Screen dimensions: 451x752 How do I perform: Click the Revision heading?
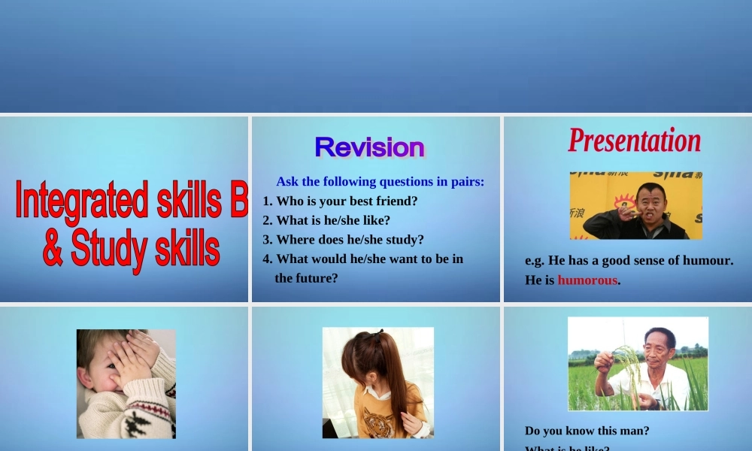click(x=369, y=147)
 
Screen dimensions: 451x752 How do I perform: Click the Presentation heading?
click(x=634, y=141)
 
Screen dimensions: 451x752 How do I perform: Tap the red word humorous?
click(x=587, y=280)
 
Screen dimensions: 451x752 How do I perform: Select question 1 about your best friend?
click(x=340, y=201)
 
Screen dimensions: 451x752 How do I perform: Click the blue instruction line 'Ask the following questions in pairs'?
click(x=380, y=181)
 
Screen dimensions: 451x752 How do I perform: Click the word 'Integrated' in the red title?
click(x=81, y=201)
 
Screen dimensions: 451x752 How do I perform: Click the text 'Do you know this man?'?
click(x=587, y=431)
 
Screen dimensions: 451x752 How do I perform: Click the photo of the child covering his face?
click(x=126, y=383)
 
